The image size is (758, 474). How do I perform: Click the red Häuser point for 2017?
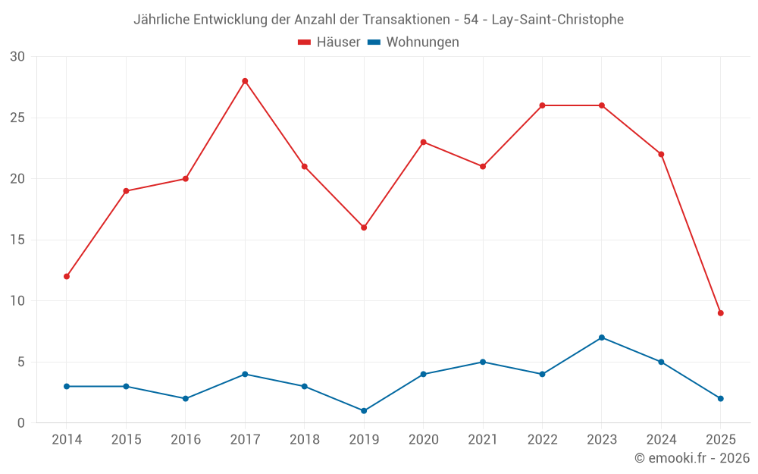tap(245, 81)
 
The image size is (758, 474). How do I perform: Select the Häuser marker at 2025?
tap(720, 313)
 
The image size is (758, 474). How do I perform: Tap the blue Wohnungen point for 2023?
tap(602, 337)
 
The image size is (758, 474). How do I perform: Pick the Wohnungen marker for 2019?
tap(364, 411)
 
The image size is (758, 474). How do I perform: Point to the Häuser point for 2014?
tap(67, 277)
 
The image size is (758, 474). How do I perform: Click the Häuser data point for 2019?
tap(364, 228)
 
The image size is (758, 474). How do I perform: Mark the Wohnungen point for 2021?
tap(483, 362)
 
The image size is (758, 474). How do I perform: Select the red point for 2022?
tap(542, 105)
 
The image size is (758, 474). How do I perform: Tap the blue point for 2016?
tap(186, 399)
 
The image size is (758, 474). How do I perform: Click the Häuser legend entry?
tap(329, 42)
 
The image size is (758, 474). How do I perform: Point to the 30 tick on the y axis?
tap(17, 57)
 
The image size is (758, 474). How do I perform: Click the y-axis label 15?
tap(17, 240)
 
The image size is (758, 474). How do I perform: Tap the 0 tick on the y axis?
tap(21, 423)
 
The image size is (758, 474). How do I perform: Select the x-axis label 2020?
tap(424, 440)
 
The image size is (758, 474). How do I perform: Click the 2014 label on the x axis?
tap(67, 440)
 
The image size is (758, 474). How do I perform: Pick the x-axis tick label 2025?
tap(720, 440)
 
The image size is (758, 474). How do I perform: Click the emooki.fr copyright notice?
tap(691, 458)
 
